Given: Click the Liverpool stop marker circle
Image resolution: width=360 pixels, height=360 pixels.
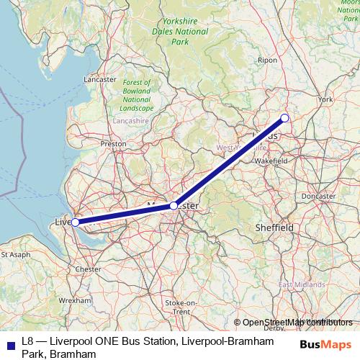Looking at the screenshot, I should pyautogui.click(x=75, y=222).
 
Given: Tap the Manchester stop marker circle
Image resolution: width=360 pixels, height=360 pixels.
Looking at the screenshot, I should pyautogui.click(x=174, y=206).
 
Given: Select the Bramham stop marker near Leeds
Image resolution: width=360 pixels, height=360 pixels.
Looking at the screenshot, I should pyautogui.click(x=284, y=118).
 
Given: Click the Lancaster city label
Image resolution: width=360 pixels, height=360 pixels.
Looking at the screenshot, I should pyautogui.click(x=100, y=78).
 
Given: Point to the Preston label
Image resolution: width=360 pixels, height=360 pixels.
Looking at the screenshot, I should pyautogui.click(x=113, y=144).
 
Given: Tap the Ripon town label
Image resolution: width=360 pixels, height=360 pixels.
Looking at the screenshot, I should pyautogui.click(x=267, y=60).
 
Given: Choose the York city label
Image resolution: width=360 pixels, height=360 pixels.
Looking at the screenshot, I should pyautogui.click(x=325, y=99).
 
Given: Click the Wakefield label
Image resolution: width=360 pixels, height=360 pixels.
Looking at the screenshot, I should pyautogui.click(x=271, y=162).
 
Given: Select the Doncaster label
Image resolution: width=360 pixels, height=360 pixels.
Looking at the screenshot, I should pyautogui.click(x=318, y=196).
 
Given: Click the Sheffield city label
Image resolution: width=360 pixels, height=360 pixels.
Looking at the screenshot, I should pyautogui.click(x=274, y=227).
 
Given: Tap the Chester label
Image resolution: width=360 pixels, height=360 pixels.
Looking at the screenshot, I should pyautogui.click(x=89, y=269).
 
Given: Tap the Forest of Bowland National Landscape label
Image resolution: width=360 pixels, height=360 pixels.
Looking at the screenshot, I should pyautogui.click(x=136, y=94).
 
